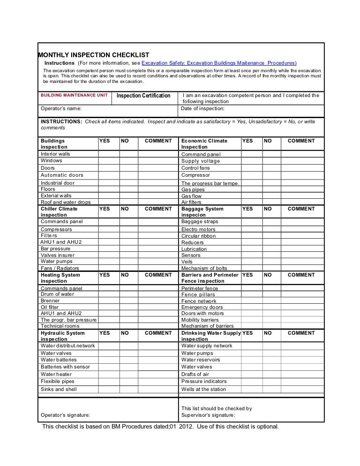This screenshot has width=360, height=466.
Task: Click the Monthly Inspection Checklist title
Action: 93,55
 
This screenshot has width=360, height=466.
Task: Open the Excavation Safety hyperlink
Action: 218,63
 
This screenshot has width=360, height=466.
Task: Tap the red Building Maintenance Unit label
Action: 74,95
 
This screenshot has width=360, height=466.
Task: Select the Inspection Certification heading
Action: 143,96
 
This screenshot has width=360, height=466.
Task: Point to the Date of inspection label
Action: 203,109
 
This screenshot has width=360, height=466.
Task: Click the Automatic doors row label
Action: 62,175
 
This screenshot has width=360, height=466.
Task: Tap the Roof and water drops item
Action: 66,203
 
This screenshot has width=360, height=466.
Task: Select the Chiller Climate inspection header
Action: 59,212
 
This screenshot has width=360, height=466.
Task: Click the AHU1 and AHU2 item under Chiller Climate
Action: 61,242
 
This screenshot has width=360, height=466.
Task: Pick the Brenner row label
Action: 50,301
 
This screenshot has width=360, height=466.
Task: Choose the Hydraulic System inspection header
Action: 63,336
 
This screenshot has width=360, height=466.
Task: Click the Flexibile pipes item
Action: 58,382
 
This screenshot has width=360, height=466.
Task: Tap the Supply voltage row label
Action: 201,161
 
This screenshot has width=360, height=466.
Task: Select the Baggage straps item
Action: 200,221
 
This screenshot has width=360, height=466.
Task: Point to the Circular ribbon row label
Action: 198,236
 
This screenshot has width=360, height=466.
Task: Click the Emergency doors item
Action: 202,307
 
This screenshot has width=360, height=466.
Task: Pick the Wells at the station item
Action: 203,389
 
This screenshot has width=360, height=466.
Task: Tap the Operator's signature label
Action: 66,415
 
